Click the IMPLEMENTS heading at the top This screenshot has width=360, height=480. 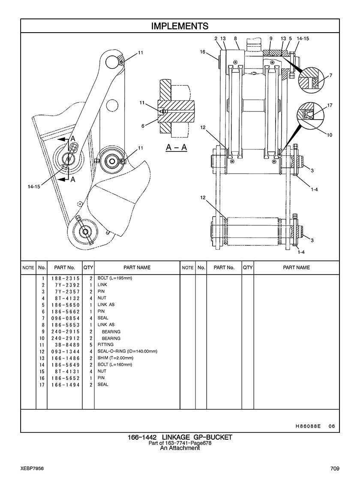click(180, 26)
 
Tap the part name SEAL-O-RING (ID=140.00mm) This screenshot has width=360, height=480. click(127, 351)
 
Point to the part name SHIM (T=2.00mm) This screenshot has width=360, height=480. click(115, 358)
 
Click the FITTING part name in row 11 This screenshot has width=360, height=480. click(105, 344)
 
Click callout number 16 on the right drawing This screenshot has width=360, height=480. click(203, 52)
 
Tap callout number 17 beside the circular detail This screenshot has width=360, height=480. click(330, 105)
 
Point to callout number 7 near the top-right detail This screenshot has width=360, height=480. click(330, 76)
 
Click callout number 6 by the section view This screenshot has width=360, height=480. click(143, 126)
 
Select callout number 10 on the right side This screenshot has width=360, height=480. click(330, 135)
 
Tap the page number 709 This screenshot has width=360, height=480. click(335, 468)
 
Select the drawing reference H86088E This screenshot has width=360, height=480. click(308, 426)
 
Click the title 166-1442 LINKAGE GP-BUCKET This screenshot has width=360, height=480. click(180, 437)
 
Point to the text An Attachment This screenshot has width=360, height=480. click(180, 448)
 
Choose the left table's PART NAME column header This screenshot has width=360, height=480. click(137, 268)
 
